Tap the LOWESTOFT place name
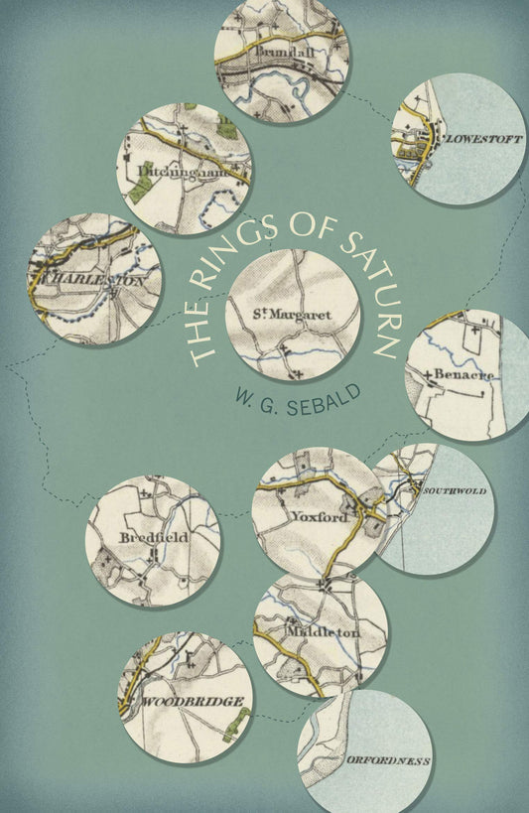tap(483, 139)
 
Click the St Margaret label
tap(292, 316)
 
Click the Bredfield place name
tap(147, 537)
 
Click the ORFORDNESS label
tap(388, 759)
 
